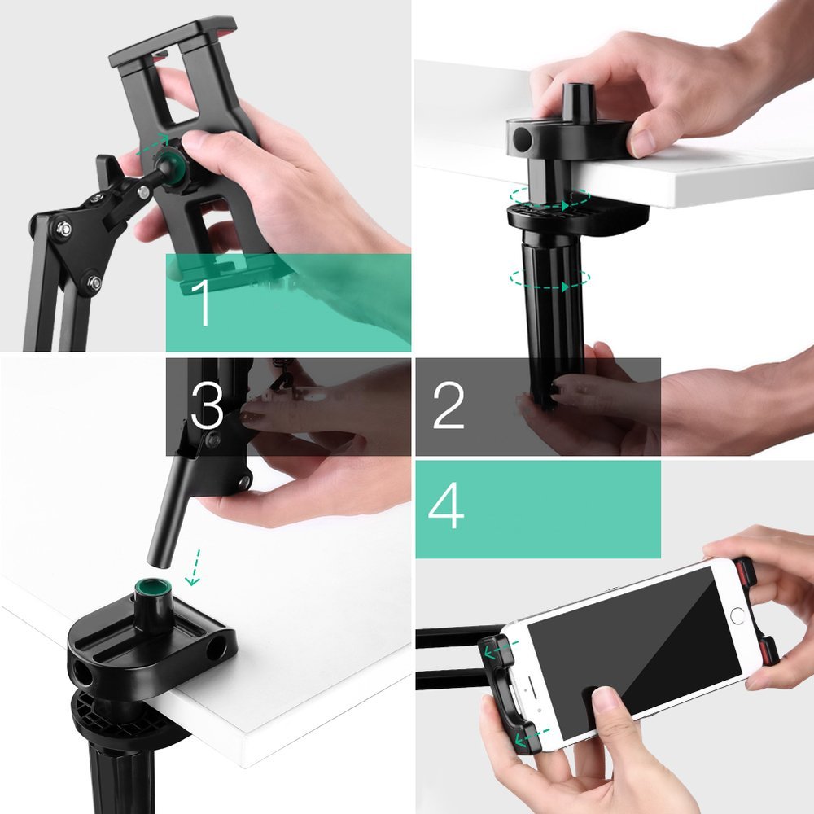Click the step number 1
tap(202, 302)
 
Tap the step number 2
tap(449, 405)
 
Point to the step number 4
tap(446, 507)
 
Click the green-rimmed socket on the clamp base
tap(150, 587)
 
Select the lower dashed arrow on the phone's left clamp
tap(530, 737)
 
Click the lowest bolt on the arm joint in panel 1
tap(94, 282)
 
